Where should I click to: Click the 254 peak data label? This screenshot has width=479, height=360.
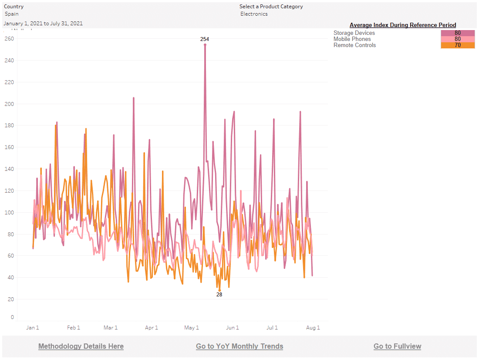(x=205, y=39)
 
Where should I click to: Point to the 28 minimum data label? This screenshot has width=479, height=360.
(x=219, y=295)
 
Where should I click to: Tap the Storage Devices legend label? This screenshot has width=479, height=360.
(x=354, y=33)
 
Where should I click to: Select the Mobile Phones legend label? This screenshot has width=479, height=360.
(x=352, y=39)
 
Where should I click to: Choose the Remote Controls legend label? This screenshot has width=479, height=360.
(x=354, y=45)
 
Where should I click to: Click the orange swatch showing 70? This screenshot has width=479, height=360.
(x=458, y=45)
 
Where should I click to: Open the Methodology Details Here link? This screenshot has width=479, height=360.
(x=81, y=346)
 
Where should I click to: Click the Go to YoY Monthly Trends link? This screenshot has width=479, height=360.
(x=239, y=346)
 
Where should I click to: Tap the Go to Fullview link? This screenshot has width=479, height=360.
(x=397, y=346)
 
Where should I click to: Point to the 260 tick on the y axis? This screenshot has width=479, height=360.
(x=9, y=39)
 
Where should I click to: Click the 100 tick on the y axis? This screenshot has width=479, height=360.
(x=9, y=213)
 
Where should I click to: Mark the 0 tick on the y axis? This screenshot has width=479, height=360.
(x=12, y=317)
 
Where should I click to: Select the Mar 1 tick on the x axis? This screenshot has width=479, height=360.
(x=111, y=328)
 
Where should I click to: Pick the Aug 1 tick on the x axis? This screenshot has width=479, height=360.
(x=313, y=328)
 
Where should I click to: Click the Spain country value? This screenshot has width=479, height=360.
(x=12, y=14)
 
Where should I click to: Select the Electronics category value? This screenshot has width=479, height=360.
(x=254, y=14)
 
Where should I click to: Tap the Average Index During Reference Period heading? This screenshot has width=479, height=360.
(x=403, y=25)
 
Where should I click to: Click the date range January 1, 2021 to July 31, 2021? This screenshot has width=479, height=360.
(x=43, y=24)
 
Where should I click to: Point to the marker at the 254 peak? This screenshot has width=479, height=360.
(x=205, y=45)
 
